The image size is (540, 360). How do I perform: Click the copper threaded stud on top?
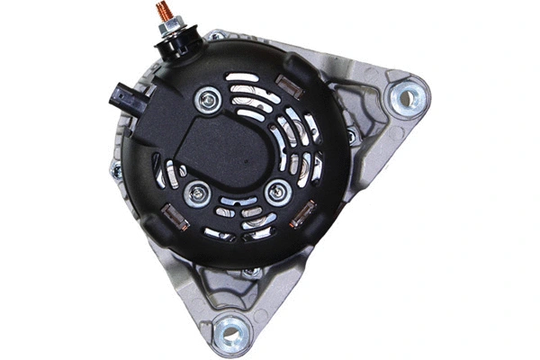(166, 13)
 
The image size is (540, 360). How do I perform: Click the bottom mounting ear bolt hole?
(230, 333)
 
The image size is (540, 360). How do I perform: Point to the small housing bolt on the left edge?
(116, 169)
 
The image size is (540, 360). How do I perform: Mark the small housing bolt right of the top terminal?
(215, 36)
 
